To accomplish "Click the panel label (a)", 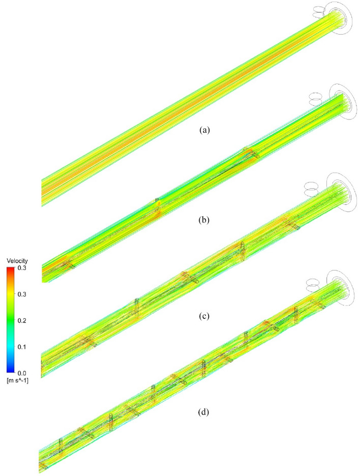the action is pyautogui.click(x=204, y=130).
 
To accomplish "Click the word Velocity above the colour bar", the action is pyautogui.click(x=17, y=261).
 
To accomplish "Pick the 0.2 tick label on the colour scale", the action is pyautogui.click(x=21, y=320).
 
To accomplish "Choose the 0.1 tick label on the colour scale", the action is pyautogui.click(x=21, y=347).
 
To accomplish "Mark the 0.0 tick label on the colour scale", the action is pyautogui.click(x=21, y=373).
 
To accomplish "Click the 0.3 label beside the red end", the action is pyautogui.click(x=21, y=268).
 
